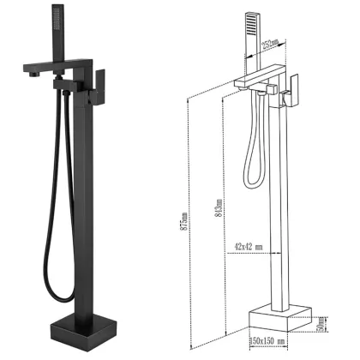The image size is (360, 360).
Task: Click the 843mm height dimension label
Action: tap(220, 208)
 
